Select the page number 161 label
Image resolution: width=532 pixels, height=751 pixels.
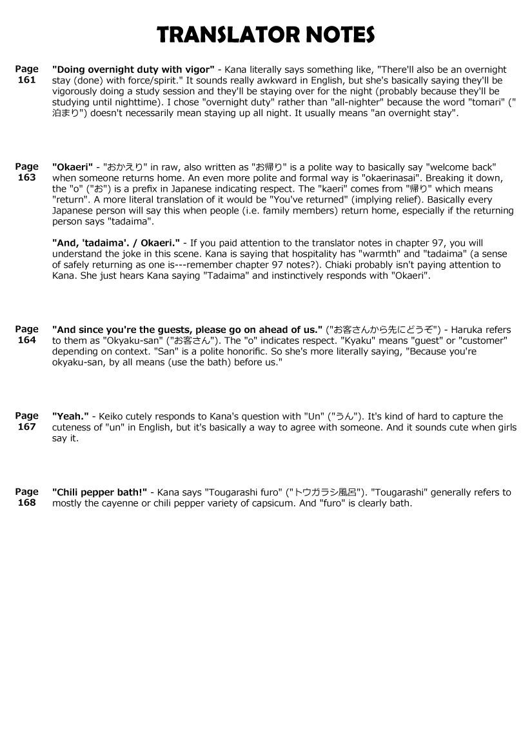click(x=26, y=80)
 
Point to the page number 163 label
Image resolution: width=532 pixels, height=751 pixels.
click(x=26, y=177)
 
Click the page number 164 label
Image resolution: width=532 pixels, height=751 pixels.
click(x=26, y=340)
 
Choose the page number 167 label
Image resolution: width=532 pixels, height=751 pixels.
click(x=26, y=427)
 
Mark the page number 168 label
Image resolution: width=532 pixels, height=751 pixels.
click(x=26, y=503)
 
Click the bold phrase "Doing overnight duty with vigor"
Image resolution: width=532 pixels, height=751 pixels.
click(x=133, y=69)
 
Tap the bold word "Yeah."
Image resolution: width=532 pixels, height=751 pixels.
click(x=70, y=417)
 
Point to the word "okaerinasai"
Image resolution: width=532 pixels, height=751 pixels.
click(x=402, y=178)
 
